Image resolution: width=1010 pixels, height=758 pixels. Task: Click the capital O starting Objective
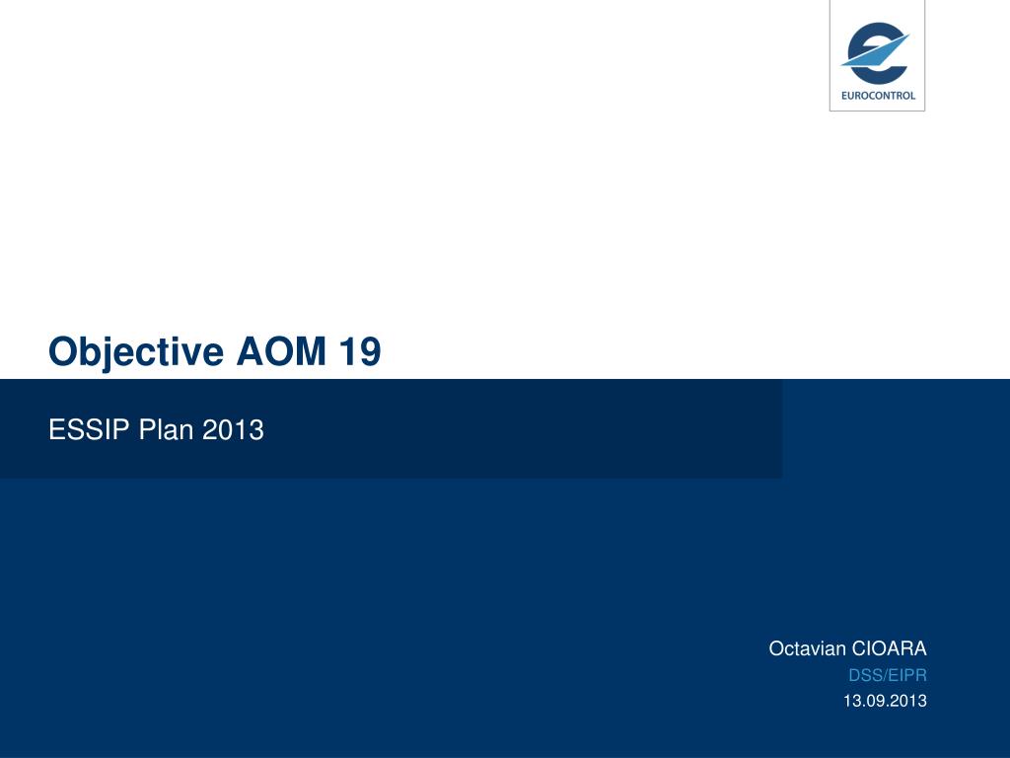(63, 352)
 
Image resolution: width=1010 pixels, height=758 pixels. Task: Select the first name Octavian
(807, 648)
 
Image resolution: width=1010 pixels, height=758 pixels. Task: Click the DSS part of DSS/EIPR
(864, 676)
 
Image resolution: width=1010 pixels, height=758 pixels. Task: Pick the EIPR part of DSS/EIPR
(907, 676)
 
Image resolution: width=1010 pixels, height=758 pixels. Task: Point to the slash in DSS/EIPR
(884, 676)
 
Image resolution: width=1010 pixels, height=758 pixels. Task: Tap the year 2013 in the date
(908, 701)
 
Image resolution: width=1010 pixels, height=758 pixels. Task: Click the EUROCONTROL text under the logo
(877, 96)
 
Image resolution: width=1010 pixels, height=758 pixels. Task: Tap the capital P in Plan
(147, 430)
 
